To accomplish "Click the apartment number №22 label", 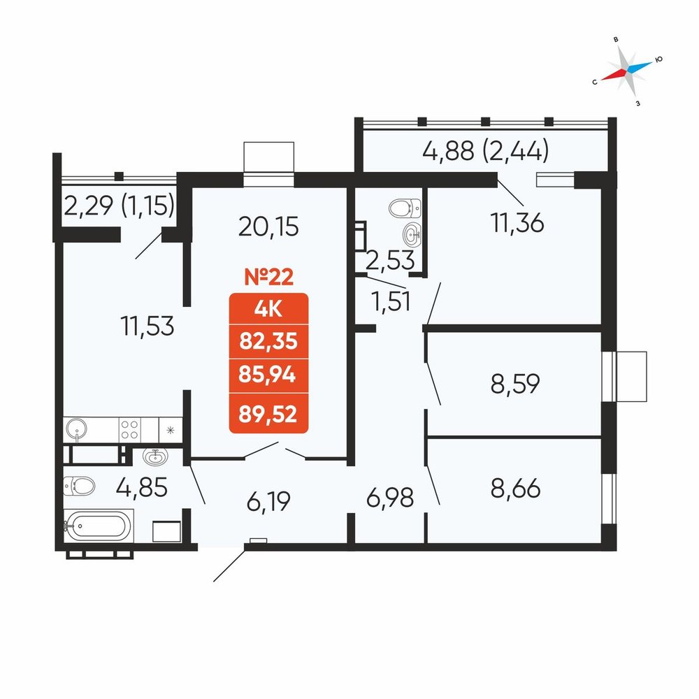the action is pyautogui.click(x=269, y=277).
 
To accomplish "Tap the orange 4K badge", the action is pyautogui.click(x=269, y=309).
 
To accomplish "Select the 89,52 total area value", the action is pyautogui.click(x=268, y=414).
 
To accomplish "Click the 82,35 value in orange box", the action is pyautogui.click(x=268, y=342).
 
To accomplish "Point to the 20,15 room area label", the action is pyautogui.click(x=268, y=226).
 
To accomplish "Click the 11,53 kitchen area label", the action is pyautogui.click(x=147, y=326).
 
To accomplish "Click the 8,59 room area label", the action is pyautogui.click(x=515, y=383).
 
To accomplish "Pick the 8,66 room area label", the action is pyautogui.click(x=516, y=488).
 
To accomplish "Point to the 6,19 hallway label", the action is pyautogui.click(x=269, y=500).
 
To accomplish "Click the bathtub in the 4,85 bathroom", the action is pyautogui.click(x=99, y=526).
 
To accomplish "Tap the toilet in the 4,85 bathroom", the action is pyautogui.click(x=79, y=486).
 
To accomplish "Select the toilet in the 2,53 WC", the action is pyautogui.click(x=405, y=208).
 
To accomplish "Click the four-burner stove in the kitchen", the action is pyautogui.click(x=130, y=430).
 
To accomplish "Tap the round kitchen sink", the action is pyautogui.click(x=77, y=430).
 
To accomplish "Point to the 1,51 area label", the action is pyautogui.click(x=391, y=302).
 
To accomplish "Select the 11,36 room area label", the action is pyautogui.click(x=517, y=222).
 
